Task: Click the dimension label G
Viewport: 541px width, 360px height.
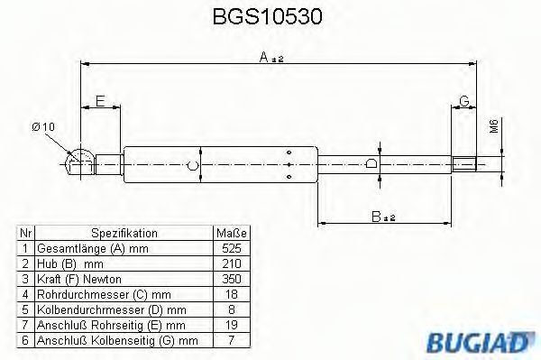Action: (x=463, y=100)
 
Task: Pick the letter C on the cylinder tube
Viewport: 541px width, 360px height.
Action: (x=192, y=165)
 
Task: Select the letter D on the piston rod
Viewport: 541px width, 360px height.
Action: (x=371, y=164)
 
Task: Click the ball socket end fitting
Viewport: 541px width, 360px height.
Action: (x=80, y=162)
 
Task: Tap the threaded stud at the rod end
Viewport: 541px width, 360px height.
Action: (x=464, y=164)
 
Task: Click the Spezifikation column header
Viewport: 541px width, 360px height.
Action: (x=124, y=233)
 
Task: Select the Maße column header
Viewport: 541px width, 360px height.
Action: (x=231, y=233)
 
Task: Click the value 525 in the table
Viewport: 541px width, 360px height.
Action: (x=231, y=247)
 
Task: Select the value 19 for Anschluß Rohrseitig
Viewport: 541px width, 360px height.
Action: (x=231, y=324)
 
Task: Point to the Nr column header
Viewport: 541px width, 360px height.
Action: (x=26, y=233)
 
